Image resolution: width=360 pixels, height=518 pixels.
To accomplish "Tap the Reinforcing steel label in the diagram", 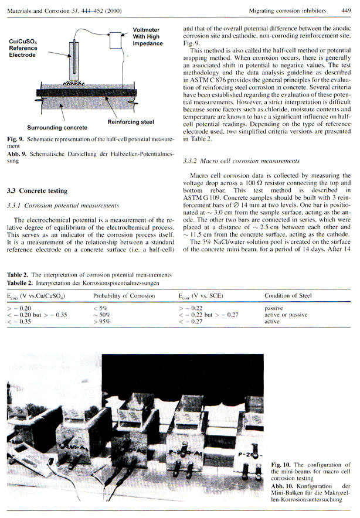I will pos(130,122).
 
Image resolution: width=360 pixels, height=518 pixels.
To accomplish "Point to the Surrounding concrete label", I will pos(56,127).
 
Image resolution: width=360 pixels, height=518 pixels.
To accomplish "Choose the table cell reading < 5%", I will pos(99,308).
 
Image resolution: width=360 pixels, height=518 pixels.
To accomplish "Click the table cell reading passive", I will pos(274,308).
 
